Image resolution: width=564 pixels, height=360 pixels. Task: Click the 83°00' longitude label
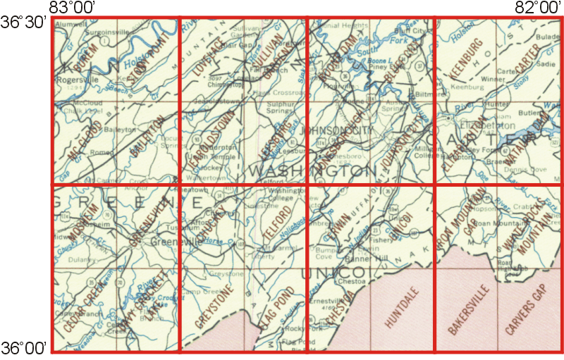coord(73,8)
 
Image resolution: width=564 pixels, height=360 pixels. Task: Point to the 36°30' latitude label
coord(24,23)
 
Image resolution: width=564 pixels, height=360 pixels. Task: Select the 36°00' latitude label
coord(24,347)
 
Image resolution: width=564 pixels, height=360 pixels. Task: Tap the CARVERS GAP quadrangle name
coord(525,310)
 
